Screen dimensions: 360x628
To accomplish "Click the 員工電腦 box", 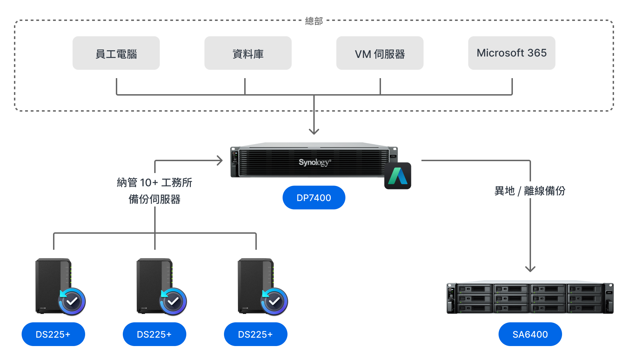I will pos(116,53).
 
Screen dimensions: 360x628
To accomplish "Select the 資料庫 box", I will pos(248,53).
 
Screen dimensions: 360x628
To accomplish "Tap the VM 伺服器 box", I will pos(380,53).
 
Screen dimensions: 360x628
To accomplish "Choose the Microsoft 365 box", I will pos(511,53).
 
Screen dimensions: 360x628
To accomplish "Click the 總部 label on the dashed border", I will pos(314,21).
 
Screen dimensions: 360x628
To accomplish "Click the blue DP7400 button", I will pos(314,198).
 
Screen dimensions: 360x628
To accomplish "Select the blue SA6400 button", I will pos(530,334).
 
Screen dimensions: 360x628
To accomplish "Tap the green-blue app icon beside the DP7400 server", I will pos(398,176).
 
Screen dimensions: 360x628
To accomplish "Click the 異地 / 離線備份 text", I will pos(530,191).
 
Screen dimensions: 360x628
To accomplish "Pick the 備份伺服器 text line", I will pos(155,199).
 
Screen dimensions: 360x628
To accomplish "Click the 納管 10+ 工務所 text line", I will pos(155,182).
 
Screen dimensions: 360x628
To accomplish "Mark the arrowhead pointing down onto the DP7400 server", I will pos(314,132).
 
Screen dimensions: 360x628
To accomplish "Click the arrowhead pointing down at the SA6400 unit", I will pos(530,269).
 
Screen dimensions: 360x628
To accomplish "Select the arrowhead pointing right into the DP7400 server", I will pos(220,160).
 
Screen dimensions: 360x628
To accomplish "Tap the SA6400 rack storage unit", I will pos(530,298).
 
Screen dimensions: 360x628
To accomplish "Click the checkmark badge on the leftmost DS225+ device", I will pos(72,301).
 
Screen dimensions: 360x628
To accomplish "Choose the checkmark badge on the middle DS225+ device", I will pos(173,301).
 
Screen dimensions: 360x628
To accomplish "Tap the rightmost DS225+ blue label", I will pos(255,334).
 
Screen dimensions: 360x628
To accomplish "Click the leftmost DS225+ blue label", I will pos(53,334).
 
